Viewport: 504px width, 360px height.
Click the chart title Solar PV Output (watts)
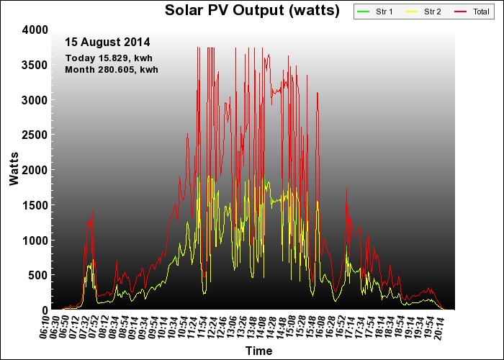click(252, 10)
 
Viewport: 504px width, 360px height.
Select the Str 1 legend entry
click(375, 12)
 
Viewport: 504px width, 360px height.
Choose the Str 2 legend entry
click(423, 12)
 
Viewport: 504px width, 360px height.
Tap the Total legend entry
click(472, 12)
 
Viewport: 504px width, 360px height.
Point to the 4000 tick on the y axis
click(35, 30)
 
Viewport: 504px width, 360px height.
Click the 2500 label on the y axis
click(35, 135)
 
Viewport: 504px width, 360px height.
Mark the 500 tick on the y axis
click(38, 275)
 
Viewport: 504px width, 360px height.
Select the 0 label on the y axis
click(45, 310)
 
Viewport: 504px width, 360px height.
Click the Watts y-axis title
click(14, 169)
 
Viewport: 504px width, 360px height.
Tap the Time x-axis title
click(258, 351)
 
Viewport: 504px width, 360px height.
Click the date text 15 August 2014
click(107, 42)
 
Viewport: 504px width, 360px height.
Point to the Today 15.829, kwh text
click(109, 58)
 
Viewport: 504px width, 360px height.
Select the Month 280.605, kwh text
click(112, 69)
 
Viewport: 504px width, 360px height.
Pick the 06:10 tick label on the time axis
click(45, 327)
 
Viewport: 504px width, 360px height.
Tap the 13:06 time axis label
click(232, 327)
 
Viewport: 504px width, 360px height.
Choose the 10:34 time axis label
click(173, 327)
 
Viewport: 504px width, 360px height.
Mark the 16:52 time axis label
click(340, 327)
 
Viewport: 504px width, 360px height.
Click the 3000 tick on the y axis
click(35, 100)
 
